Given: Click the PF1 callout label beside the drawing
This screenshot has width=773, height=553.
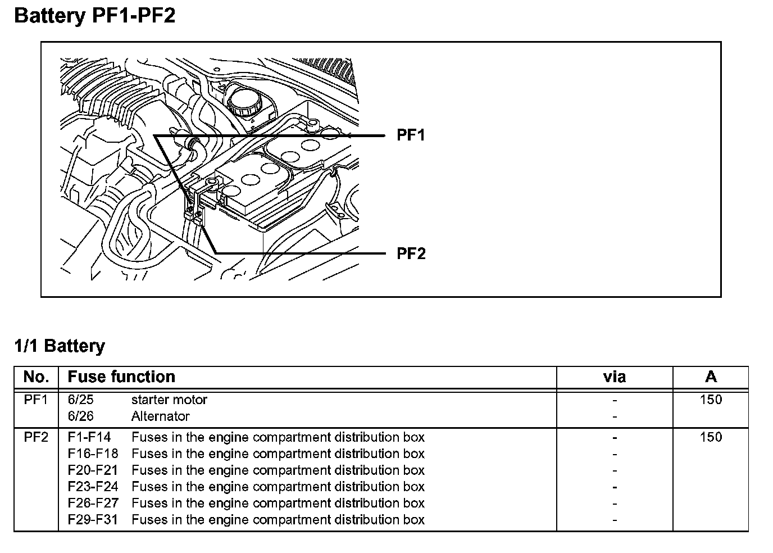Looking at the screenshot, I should (x=411, y=135).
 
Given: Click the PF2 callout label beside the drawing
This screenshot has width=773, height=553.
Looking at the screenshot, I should (x=411, y=253).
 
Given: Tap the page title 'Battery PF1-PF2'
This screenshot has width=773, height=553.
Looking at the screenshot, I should (x=94, y=15).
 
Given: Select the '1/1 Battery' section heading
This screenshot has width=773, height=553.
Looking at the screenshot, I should (x=60, y=346).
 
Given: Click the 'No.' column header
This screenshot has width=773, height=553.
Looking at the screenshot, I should (x=36, y=377).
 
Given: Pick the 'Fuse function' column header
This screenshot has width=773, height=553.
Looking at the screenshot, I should (x=121, y=377).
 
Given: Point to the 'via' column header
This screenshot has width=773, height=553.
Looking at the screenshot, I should (x=614, y=377).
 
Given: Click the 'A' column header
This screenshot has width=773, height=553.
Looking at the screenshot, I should (x=711, y=377).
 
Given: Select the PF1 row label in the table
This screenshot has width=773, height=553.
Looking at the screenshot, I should (x=36, y=400).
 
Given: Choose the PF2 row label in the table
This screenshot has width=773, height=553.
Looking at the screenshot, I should (x=36, y=437).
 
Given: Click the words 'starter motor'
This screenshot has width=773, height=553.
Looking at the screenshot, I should (x=169, y=400).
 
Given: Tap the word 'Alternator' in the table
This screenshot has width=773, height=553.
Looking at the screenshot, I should (x=160, y=416).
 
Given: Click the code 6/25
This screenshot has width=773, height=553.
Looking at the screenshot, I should (x=80, y=400).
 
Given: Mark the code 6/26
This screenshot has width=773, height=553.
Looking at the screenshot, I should (x=80, y=416).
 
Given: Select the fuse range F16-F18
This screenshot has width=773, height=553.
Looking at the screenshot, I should (x=93, y=454).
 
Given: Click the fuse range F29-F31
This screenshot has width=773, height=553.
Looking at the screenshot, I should (x=93, y=520).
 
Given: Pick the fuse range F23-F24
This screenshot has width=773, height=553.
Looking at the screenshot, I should (x=93, y=487).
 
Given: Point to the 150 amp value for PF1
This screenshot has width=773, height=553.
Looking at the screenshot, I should (x=711, y=400).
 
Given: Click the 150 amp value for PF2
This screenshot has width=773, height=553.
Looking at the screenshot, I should (x=711, y=437).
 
